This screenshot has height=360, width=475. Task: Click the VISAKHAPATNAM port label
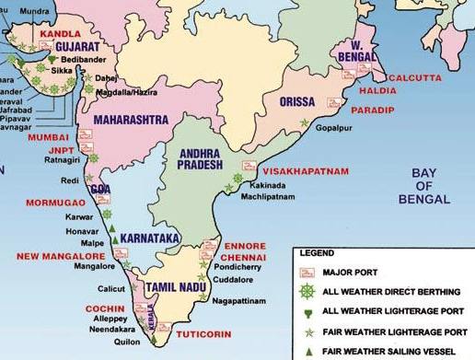click(x=306, y=171)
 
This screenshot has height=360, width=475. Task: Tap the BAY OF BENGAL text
click(x=424, y=186)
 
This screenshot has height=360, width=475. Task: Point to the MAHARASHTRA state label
click(x=131, y=120)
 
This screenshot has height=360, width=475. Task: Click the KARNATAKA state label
click(x=149, y=238)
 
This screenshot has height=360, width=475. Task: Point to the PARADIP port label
click(x=373, y=110)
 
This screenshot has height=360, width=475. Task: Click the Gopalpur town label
click(x=334, y=131)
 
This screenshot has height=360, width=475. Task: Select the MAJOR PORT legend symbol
click(x=308, y=272)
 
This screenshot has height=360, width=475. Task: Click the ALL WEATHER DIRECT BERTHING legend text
click(x=390, y=291)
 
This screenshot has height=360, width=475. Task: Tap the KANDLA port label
click(x=52, y=32)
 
